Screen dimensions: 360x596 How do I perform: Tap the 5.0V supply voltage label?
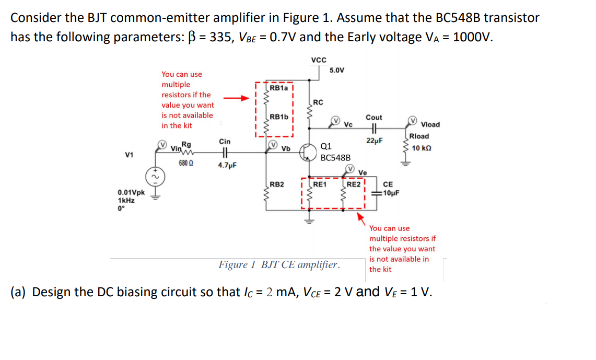coord(336,70)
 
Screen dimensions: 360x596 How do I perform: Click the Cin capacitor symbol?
coord(225,154)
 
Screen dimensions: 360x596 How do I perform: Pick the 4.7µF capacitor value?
coord(227,166)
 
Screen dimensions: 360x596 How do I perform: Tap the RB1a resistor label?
coord(279,88)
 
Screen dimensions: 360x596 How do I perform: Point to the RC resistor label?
coord(319,102)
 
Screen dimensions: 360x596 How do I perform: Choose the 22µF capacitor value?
coord(375,141)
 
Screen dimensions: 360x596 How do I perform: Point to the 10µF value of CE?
coord(391,192)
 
